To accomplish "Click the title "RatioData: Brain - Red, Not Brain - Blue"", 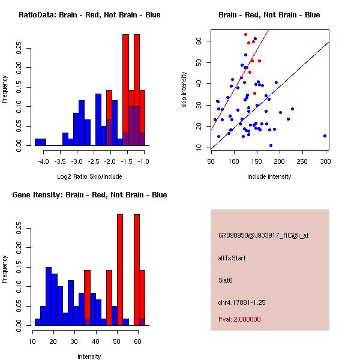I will pyautogui.click(x=89, y=14).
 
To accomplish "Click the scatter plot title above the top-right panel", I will pyautogui.click(x=269, y=14).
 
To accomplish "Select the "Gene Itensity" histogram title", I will pyautogui.click(x=89, y=194).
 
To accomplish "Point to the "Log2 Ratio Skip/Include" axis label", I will pyautogui.click(x=89, y=176).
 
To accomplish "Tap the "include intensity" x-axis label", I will pyautogui.click(x=269, y=176).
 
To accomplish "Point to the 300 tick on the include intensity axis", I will pyautogui.click(x=326, y=161).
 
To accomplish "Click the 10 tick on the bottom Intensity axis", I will pyautogui.click(x=32, y=341).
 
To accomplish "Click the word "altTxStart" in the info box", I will pyautogui.click(x=232, y=258).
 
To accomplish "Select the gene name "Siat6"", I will pyautogui.click(x=226, y=280).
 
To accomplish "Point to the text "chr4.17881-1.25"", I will pyautogui.click(x=241, y=302).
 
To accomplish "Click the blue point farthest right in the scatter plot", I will pyautogui.click(x=325, y=136).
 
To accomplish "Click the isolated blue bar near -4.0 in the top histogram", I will pyautogui.click(x=40, y=142).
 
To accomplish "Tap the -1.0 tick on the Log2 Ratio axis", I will pyautogui.click(x=144, y=161).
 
